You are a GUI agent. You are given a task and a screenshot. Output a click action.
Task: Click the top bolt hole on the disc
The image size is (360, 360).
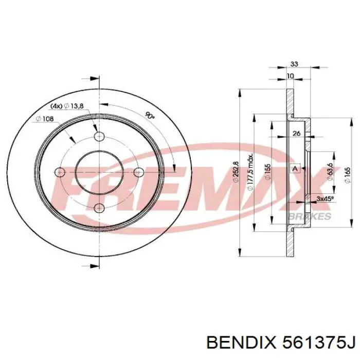click(x=99, y=136)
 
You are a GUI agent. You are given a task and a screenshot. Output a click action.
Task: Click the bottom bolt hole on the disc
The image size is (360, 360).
click(x=99, y=208)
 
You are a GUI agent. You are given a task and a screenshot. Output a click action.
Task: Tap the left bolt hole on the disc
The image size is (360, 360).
click(x=61, y=172)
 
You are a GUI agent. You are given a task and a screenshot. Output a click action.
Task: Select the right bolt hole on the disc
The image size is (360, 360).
click(x=138, y=172)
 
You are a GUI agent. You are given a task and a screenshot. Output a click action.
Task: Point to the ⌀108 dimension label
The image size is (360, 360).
click(x=45, y=119)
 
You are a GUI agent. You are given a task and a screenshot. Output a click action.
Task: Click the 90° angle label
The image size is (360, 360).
click(x=150, y=117)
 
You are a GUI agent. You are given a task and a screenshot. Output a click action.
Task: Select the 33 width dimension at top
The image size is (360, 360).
click(x=295, y=64)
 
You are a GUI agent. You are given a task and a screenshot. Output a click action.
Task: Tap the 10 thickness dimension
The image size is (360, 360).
click(x=291, y=76)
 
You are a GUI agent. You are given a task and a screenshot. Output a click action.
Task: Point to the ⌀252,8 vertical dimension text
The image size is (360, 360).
click(x=235, y=172)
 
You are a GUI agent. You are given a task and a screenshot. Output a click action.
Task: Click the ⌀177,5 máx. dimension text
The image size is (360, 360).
click(x=250, y=172)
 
